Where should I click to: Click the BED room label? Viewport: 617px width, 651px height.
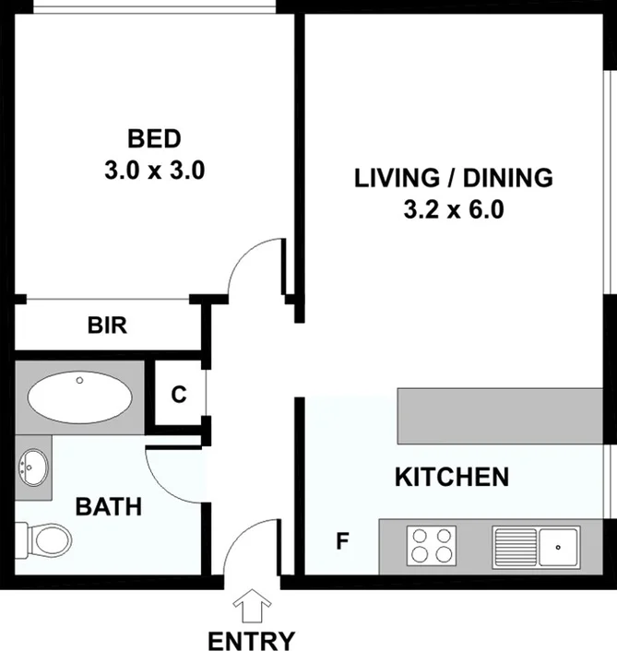pos(154,140)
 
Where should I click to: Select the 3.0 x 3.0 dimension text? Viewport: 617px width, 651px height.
pos(154,171)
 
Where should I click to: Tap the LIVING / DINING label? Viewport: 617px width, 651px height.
pos(453,178)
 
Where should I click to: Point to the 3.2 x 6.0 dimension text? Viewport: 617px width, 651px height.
pos(453,209)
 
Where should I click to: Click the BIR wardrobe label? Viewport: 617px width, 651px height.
pos(107,325)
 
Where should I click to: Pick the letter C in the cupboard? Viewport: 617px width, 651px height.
pos(179,395)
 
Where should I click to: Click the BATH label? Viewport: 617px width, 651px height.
pos(108,506)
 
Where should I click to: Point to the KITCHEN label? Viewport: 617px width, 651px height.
pos(452,477)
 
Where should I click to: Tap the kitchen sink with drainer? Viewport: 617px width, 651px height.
pos(535,545)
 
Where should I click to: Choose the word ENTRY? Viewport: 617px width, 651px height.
pos(251,641)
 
